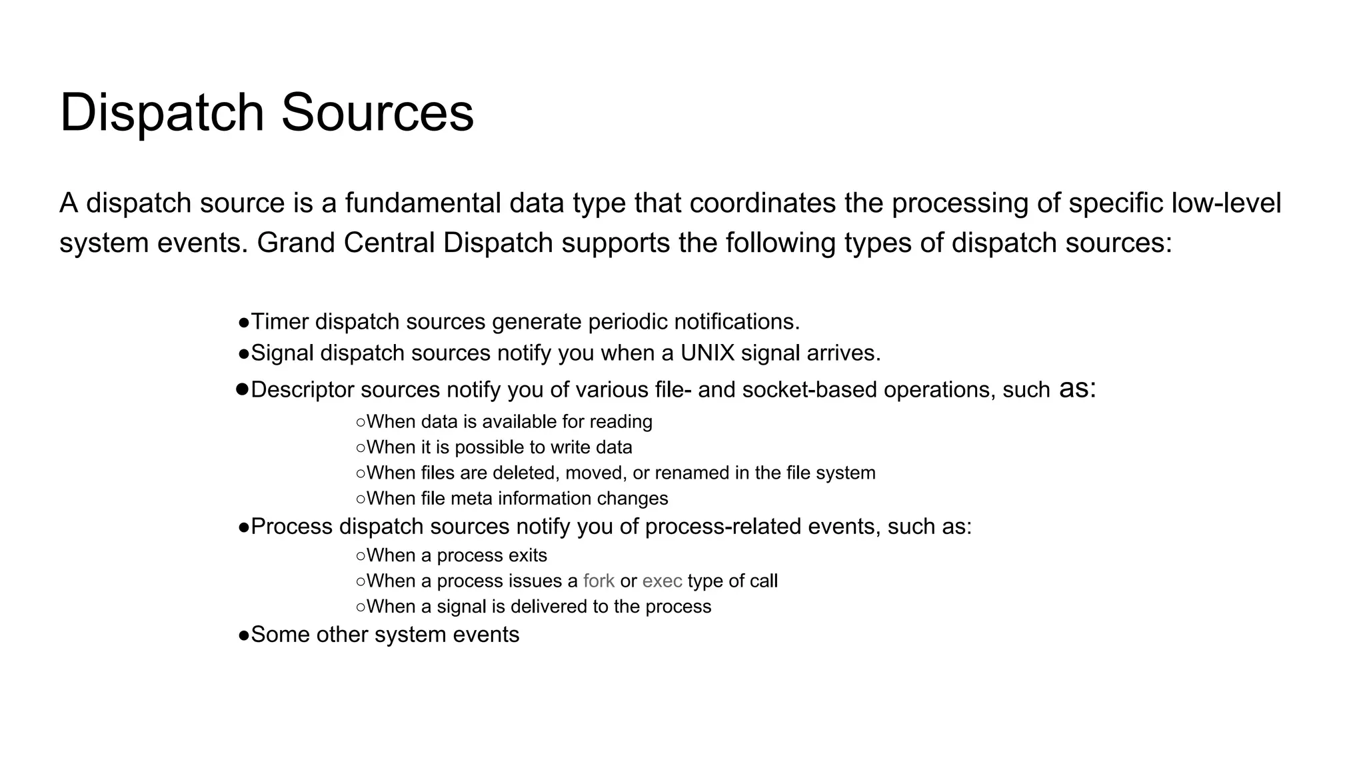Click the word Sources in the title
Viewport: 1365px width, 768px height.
(377, 112)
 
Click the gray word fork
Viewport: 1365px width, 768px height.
(599, 581)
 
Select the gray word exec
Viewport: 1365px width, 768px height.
(662, 581)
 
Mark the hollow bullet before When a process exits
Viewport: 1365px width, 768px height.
(361, 556)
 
